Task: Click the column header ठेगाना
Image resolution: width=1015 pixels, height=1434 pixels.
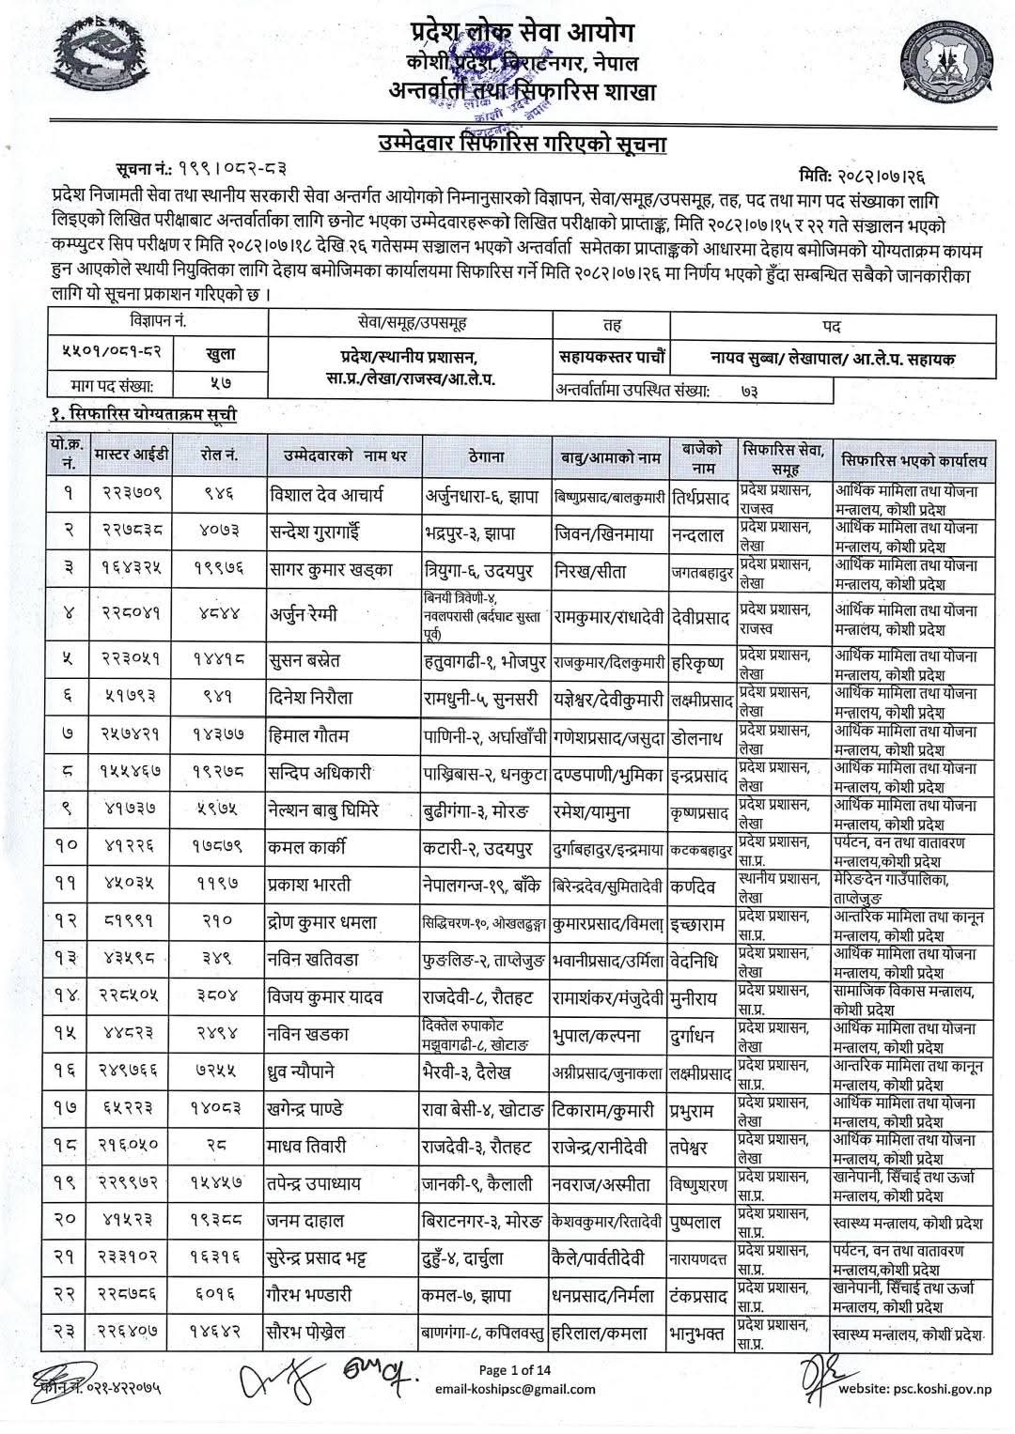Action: point(486,457)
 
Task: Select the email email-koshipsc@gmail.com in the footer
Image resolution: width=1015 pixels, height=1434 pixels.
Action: point(514,1389)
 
